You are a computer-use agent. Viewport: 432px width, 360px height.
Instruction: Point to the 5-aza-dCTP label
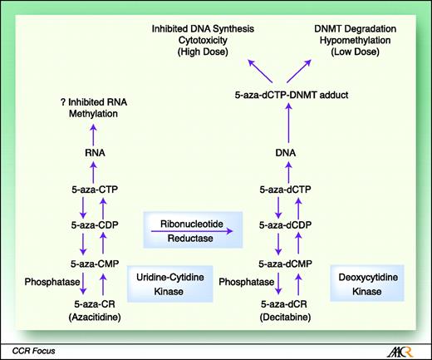(285, 190)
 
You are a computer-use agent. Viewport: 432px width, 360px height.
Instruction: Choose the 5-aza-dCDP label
(285, 225)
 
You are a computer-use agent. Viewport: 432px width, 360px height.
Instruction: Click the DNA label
(285, 153)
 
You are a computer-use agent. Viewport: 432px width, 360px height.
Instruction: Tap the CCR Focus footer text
(29, 348)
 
